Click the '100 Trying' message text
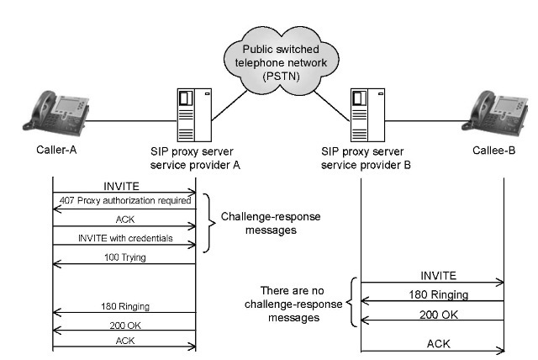point(123,257)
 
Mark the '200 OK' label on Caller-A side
point(123,324)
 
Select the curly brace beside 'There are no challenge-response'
point(355,303)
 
